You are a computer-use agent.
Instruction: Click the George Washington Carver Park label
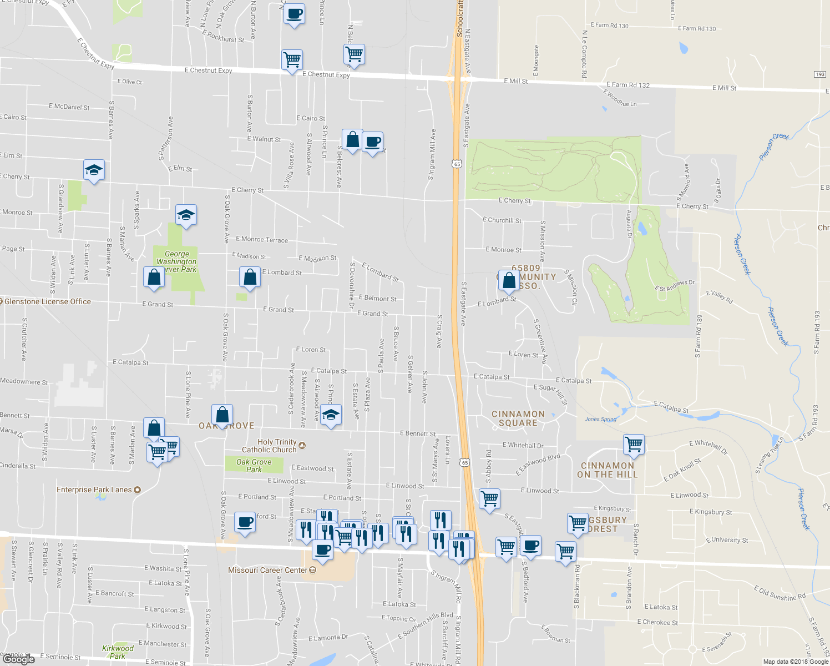(x=176, y=261)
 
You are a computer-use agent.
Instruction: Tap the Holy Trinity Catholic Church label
(x=270, y=446)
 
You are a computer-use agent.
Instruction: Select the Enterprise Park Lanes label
(x=94, y=490)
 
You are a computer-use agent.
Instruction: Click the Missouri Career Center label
(x=268, y=570)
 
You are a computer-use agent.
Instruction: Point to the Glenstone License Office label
(x=48, y=301)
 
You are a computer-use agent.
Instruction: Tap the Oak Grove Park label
(x=254, y=466)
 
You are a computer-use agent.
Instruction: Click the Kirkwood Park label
(x=118, y=652)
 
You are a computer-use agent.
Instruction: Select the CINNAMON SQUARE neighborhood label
(x=518, y=418)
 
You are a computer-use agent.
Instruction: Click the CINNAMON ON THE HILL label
(x=608, y=470)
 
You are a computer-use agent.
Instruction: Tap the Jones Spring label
(x=600, y=419)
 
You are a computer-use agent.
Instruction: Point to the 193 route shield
(x=820, y=74)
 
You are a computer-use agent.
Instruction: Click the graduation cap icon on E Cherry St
(x=94, y=170)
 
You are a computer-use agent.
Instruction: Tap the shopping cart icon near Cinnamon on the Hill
(x=634, y=444)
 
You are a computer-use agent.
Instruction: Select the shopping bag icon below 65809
(x=509, y=280)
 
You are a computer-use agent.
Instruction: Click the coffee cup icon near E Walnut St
(x=373, y=142)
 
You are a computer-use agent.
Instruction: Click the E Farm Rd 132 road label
(x=627, y=85)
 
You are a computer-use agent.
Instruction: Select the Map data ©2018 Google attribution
(x=796, y=661)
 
